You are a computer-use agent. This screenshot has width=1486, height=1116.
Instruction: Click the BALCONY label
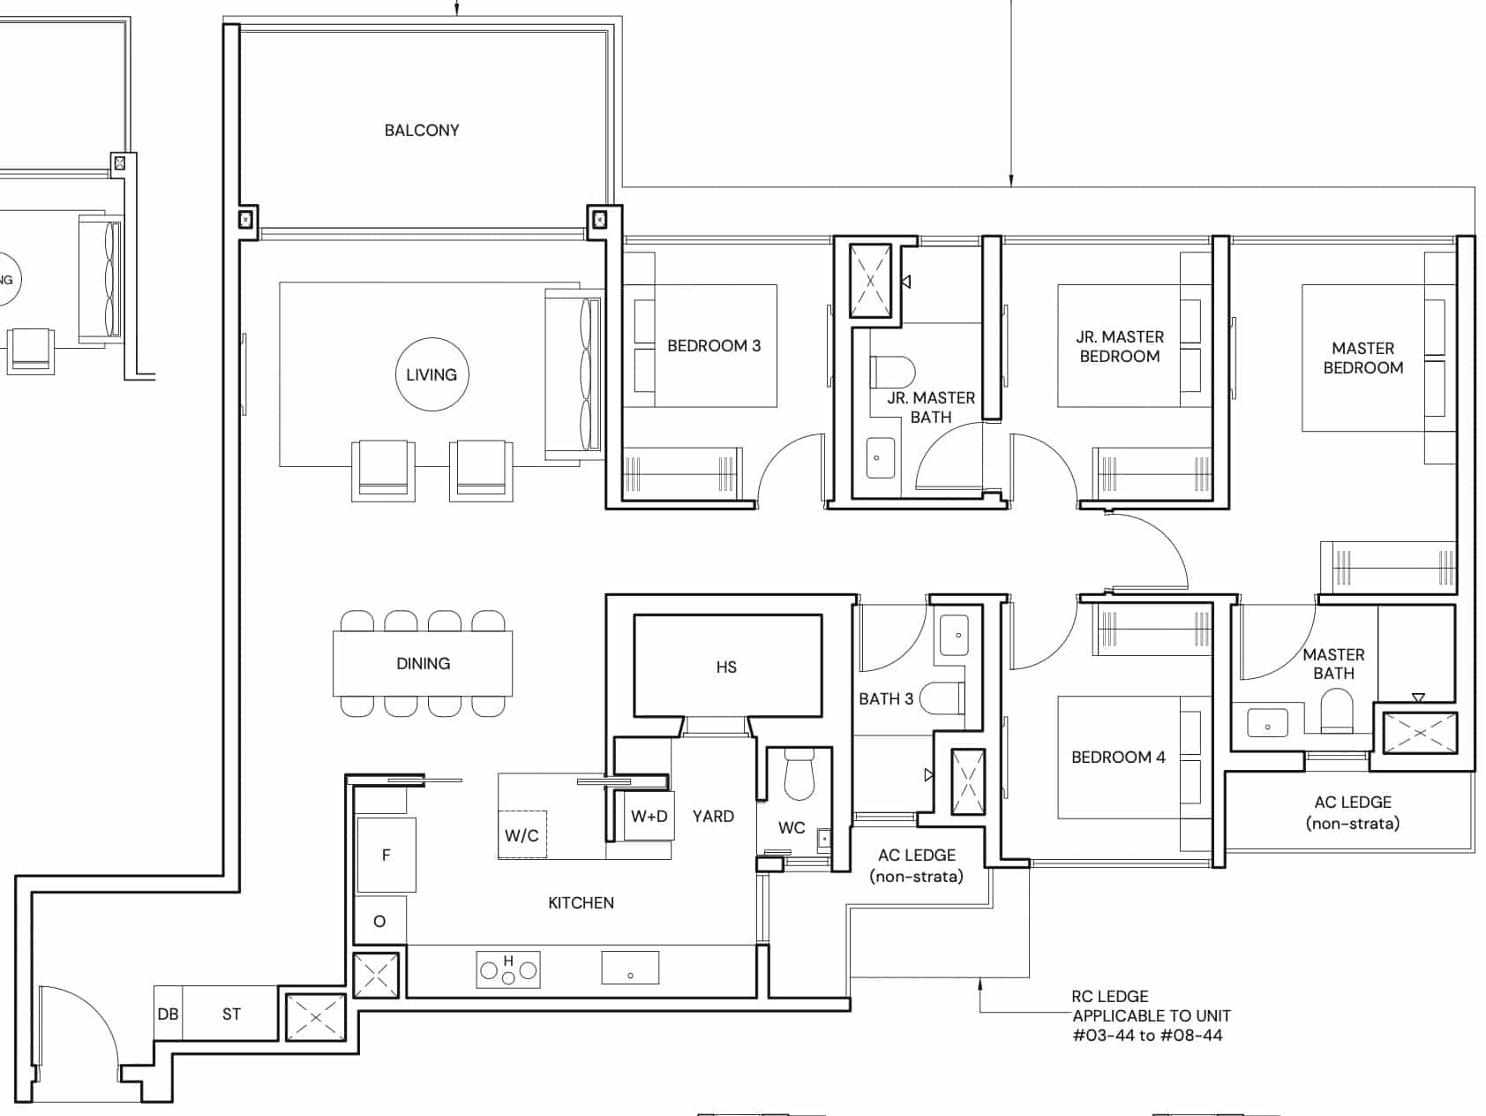422,131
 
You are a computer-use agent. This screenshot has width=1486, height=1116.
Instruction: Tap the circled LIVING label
432,374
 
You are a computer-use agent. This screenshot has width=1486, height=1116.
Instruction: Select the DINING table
423,663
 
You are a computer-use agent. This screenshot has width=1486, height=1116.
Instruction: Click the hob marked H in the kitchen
508,969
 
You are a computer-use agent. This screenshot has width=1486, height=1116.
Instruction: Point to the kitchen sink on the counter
630,968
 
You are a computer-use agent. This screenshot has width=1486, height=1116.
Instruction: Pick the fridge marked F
386,855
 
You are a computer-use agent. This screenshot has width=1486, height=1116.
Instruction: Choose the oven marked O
379,921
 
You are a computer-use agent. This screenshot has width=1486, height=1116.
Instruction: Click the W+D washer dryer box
649,817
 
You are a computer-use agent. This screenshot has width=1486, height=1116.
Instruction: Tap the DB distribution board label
168,1014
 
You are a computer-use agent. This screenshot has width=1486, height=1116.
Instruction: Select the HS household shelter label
726,667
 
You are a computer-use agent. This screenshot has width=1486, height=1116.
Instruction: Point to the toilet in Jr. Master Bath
892,371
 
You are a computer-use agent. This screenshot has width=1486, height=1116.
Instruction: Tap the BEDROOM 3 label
714,346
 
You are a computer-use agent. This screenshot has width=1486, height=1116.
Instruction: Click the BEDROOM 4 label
1118,758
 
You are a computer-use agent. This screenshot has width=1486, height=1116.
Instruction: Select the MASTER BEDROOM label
1363,358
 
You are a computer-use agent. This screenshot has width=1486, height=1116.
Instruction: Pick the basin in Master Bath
1267,725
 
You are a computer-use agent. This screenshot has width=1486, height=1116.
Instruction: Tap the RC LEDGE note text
1110,996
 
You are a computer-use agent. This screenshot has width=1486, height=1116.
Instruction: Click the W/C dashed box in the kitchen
522,834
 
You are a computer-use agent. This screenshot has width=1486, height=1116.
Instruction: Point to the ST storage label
231,1014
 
